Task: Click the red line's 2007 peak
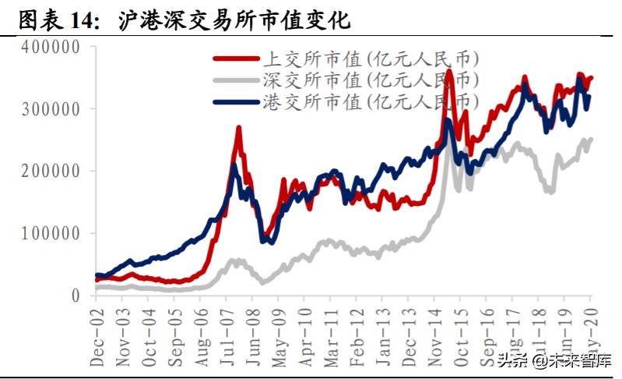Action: click(x=238, y=128)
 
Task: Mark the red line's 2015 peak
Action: click(x=448, y=72)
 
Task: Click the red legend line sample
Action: click(x=237, y=58)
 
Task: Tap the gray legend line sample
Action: click(x=237, y=80)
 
